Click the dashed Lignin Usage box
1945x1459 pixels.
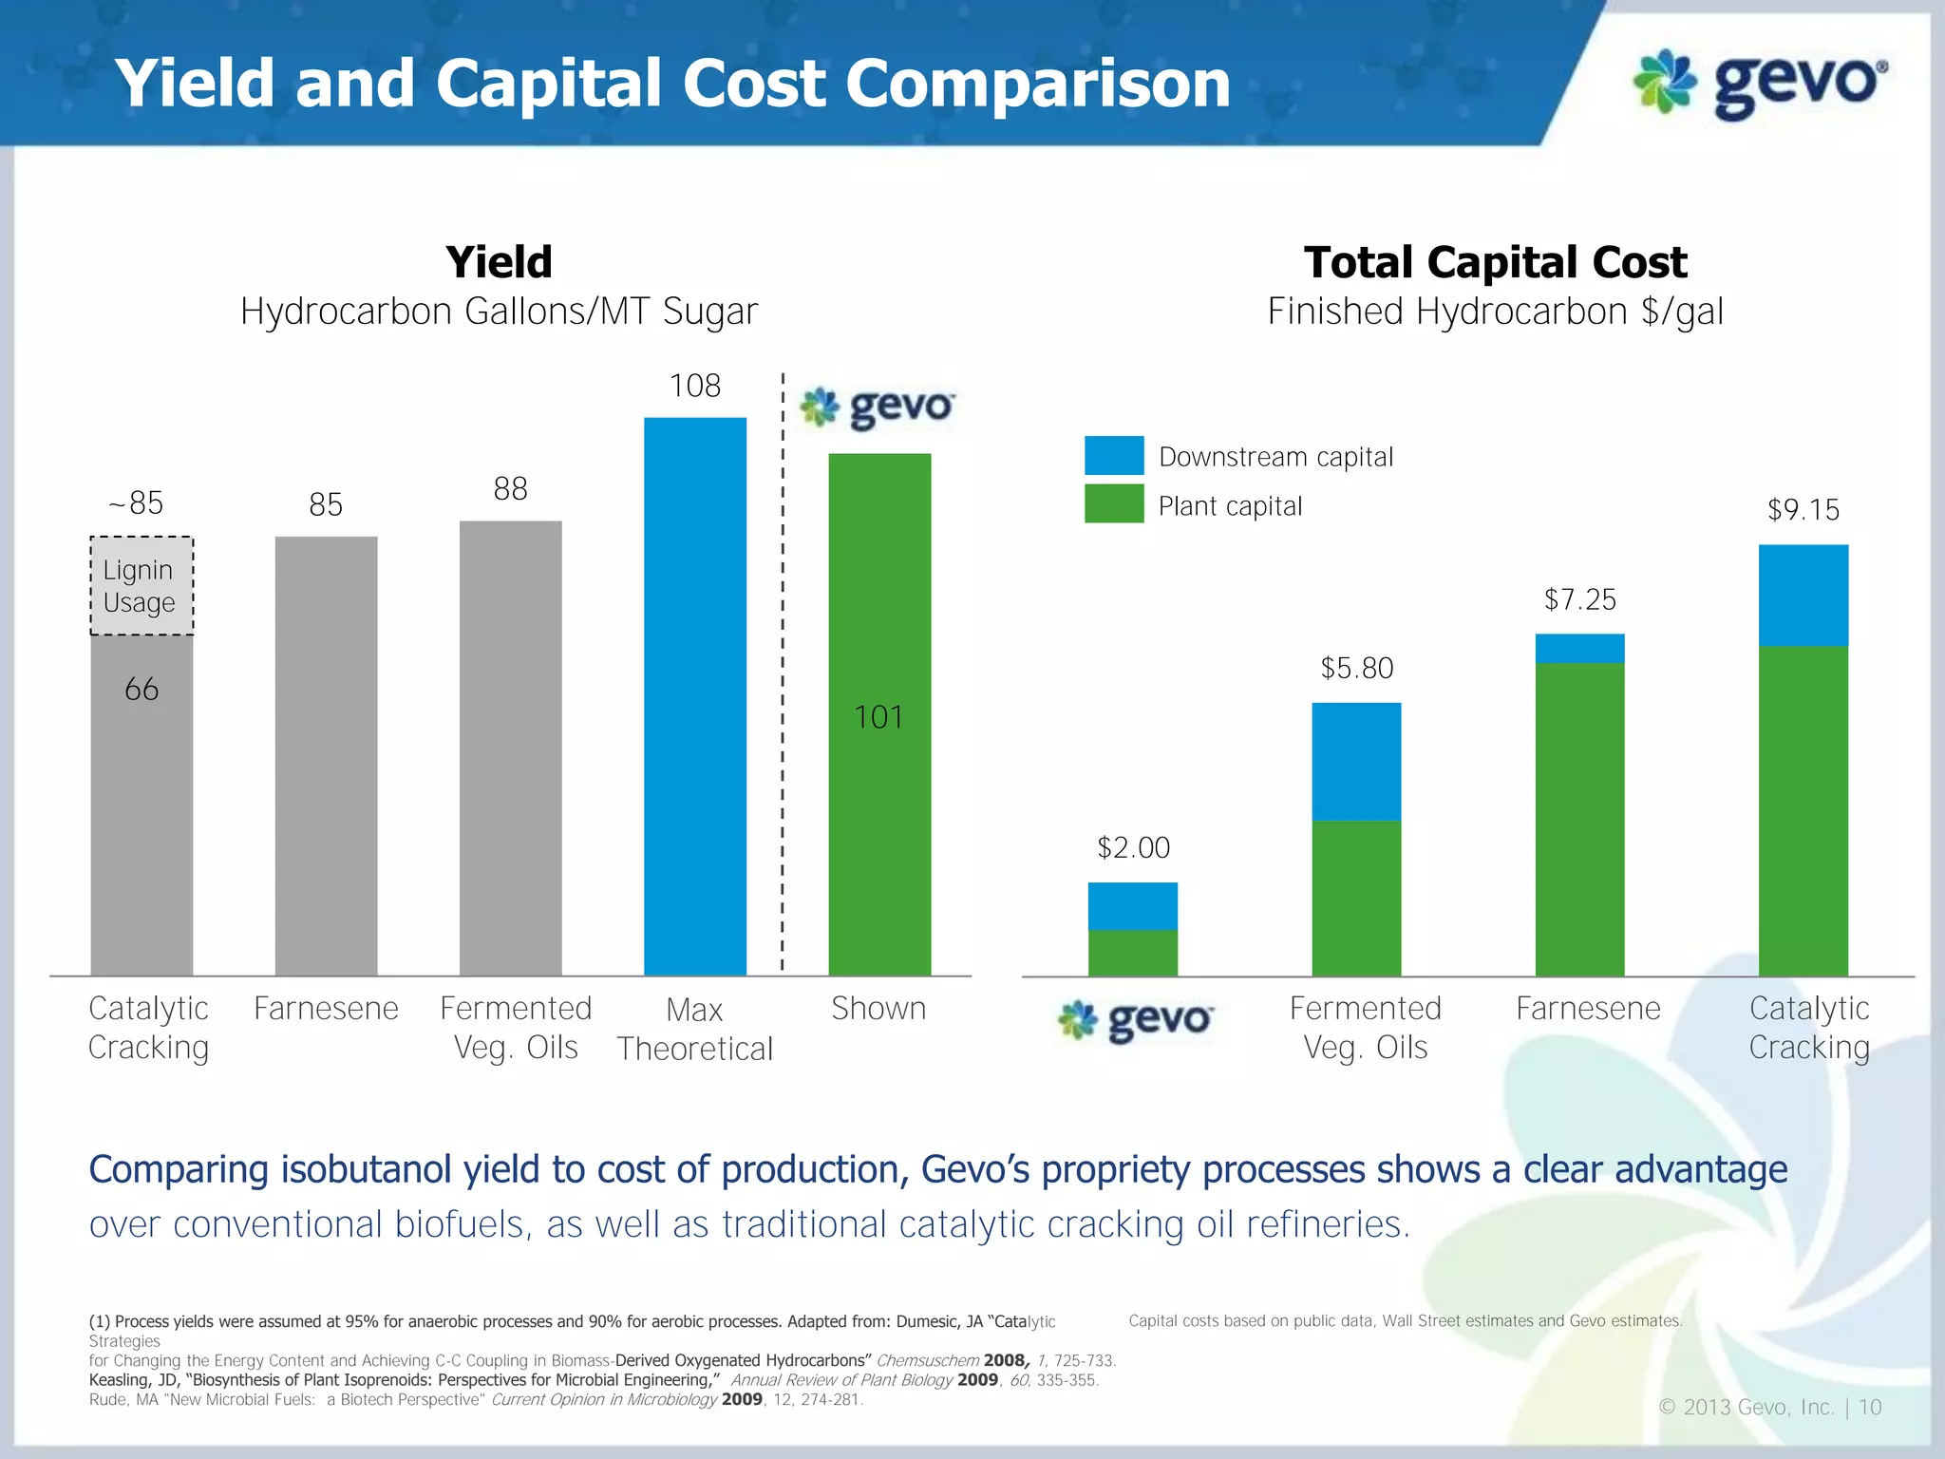point(142,586)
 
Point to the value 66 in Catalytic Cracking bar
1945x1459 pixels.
point(142,689)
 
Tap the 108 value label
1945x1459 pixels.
point(694,386)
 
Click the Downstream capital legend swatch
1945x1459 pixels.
point(1113,455)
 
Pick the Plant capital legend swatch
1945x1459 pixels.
point(1113,503)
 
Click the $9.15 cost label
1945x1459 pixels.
point(1803,510)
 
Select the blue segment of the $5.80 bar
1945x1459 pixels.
point(1355,761)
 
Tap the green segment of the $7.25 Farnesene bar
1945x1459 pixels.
point(1579,818)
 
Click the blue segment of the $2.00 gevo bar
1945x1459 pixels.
point(1132,905)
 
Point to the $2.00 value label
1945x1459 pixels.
point(1133,847)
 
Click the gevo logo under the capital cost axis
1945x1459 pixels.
point(1135,1021)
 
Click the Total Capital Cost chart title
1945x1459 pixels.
point(1495,262)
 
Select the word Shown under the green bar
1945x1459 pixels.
point(878,1008)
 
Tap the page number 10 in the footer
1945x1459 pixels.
point(1869,1407)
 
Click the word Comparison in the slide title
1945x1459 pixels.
point(1037,84)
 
